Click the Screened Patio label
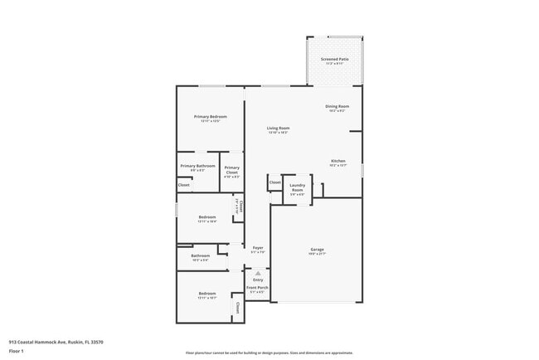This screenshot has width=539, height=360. (x=334, y=60)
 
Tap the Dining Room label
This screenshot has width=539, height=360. (x=337, y=106)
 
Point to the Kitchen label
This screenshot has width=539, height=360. (x=337, y=161)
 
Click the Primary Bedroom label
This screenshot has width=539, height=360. (x=210, y=117)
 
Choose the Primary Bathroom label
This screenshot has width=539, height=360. (x=197, y=166)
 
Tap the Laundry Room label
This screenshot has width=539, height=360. (x=296, y=190)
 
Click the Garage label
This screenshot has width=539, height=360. (x=317, y=249)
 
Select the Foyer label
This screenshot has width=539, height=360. (x=257, y=248)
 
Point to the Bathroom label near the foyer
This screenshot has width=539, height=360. (x=200, y=255)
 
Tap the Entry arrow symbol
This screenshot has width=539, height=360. (x=257, y=273)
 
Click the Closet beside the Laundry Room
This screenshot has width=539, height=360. (x=274, y=182)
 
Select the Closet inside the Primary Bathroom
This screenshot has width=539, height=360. (x=183, y=185)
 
